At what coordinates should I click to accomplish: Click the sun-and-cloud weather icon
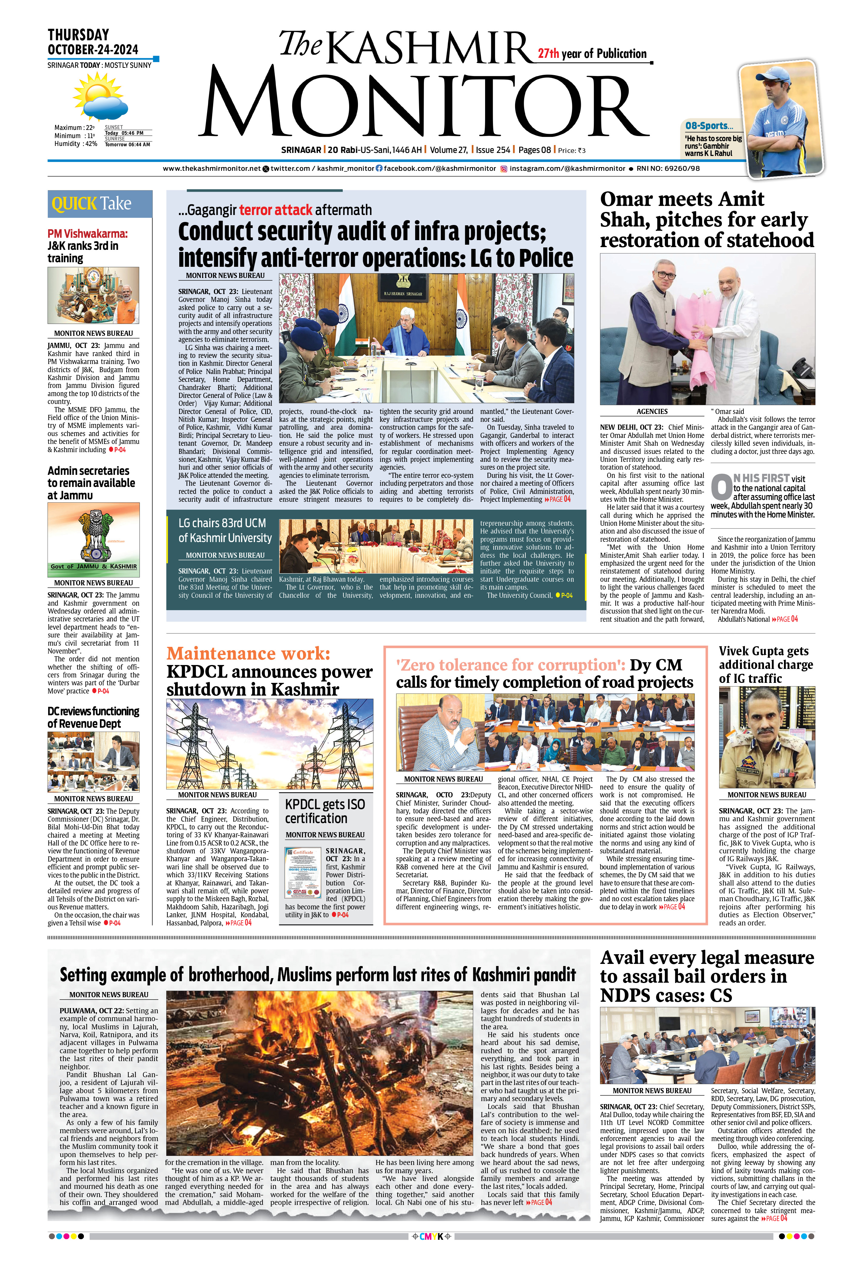(100, 97)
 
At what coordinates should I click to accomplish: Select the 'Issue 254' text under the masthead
(493, 150)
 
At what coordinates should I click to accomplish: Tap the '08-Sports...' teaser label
(709, 126)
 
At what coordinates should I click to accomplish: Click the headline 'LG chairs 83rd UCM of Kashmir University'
(225, 530)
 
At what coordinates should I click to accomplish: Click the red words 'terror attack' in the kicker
(276, 210)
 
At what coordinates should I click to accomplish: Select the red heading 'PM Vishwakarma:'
(88, 234)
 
